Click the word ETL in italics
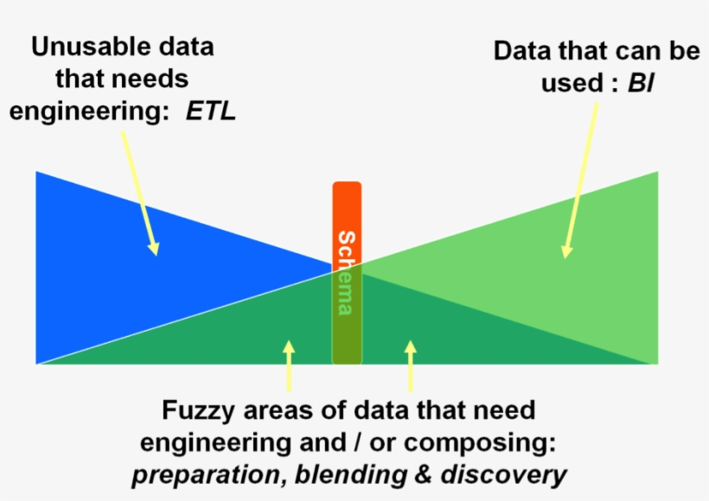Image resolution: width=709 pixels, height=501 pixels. pyautogui.click(x=211, y=111)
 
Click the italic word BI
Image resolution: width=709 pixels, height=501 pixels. pyautogui.click(x=641, y=83)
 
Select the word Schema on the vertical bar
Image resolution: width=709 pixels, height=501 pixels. pyautogui.click(x=347, y=273)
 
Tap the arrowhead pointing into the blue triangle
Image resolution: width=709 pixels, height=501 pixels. pyautogui.click(x=154, y=248)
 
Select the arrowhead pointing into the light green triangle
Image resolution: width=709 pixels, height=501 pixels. pyautogui.click(x=566, y=251)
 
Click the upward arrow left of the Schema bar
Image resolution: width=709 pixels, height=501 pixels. pyautogui.click(x=289, y=366)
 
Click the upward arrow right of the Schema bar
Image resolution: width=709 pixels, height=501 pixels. pyautogui.click(x=411, y=366)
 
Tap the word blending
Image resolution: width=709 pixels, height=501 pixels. pyautogui.click(x=351, y=474)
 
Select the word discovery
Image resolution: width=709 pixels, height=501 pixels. pyautogui.click(x=503, y=475)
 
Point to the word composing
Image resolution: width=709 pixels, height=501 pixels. pyautogui.click(x=479, y=444)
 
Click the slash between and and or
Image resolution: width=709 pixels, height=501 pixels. pyautogui.click(x=358, y=442)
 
